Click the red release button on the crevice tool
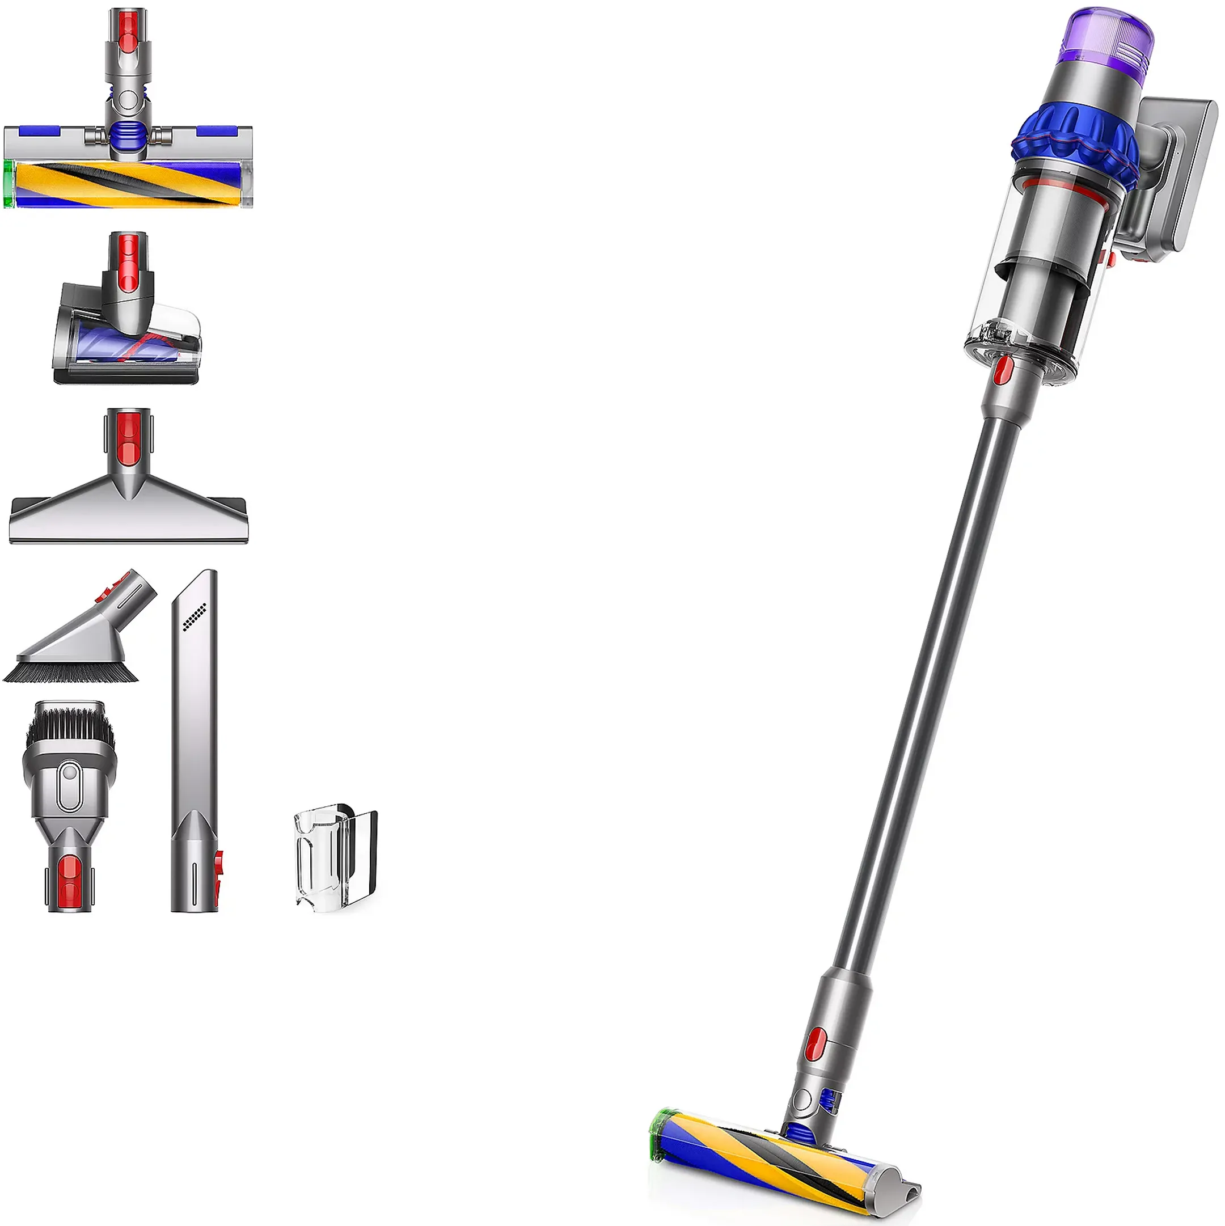(x=218, y=864)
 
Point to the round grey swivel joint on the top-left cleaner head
(x=128, y=100)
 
